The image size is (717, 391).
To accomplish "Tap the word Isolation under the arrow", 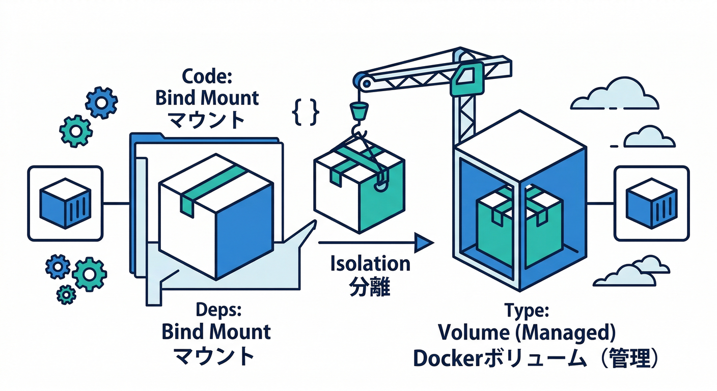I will [370, 264].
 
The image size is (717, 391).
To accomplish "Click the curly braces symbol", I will [306, 111].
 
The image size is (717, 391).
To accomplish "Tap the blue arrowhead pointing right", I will [423, 242].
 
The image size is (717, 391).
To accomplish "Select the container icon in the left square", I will [65, 203].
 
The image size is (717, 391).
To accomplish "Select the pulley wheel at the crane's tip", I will [361, 80].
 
